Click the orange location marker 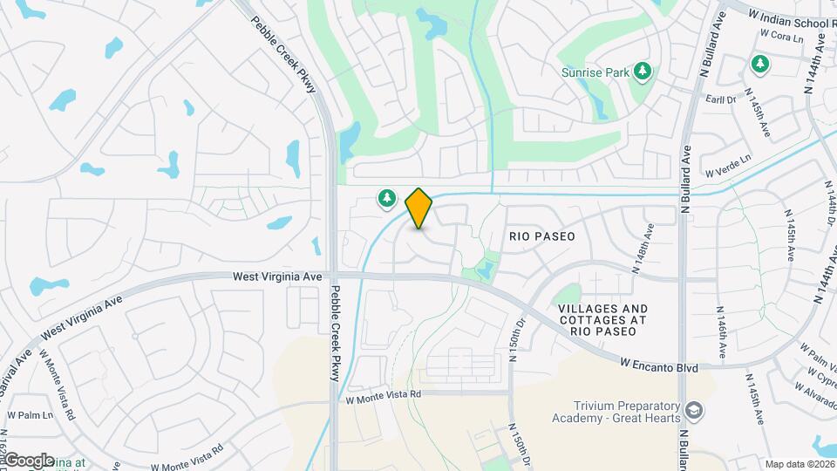point(419,208)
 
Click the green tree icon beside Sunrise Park point(643,71)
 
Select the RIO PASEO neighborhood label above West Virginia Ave point(542,235)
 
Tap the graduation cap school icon point(694,410)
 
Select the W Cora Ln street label point(780,37)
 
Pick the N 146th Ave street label point(721,332)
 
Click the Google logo point(28,460)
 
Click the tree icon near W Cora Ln point(760,63)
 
